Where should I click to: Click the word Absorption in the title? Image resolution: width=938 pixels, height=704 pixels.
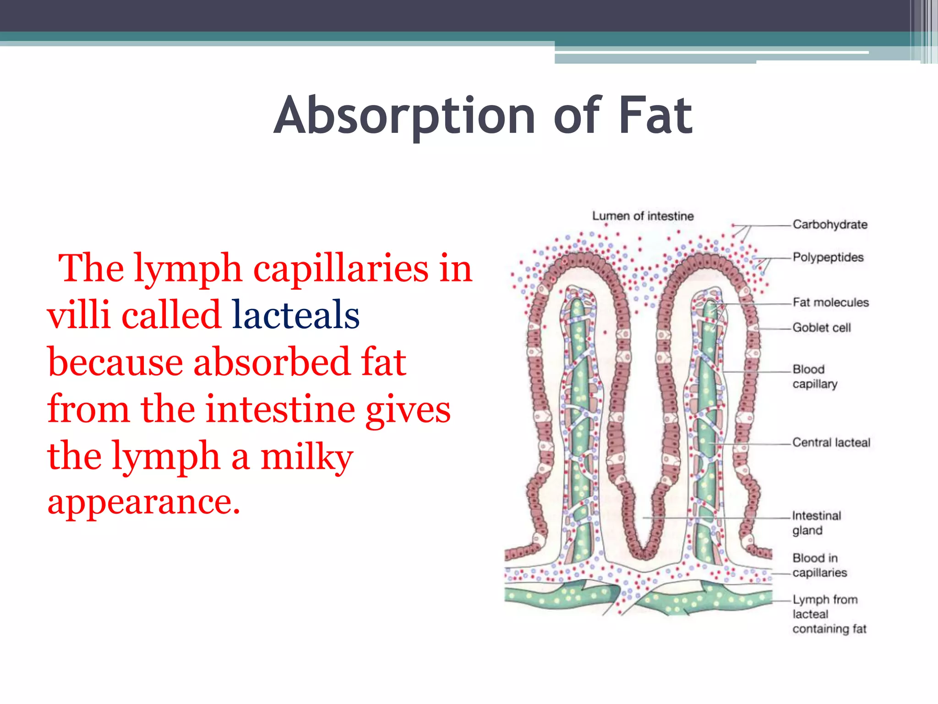tap(404, 115)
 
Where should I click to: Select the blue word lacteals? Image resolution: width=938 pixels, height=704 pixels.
tap(295, 315)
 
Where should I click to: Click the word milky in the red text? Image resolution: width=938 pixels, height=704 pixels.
tap(306, 457)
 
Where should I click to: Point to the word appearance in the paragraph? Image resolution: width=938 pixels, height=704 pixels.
tap(143, 502)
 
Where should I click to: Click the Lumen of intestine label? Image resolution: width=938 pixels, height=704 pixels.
tap(643, 216)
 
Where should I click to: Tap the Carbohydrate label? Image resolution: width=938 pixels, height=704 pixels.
tap(830, 225)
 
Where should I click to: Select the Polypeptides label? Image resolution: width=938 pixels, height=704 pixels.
tap(828, 257)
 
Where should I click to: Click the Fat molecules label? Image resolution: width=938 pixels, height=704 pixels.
tap(830, 302)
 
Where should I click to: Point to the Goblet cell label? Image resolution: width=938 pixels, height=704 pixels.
tap(822, 328)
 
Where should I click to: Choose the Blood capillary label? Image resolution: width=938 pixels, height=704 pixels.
tap(815, 376)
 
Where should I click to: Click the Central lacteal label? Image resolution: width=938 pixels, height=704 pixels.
tap(831, 443)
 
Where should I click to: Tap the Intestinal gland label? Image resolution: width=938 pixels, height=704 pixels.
tap(816, 523)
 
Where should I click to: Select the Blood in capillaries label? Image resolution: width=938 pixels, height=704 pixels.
tap(819, 565)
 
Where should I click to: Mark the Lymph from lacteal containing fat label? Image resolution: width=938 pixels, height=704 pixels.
tap(829, 614)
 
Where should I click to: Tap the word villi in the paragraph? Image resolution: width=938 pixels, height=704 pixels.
tap(78, 315)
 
